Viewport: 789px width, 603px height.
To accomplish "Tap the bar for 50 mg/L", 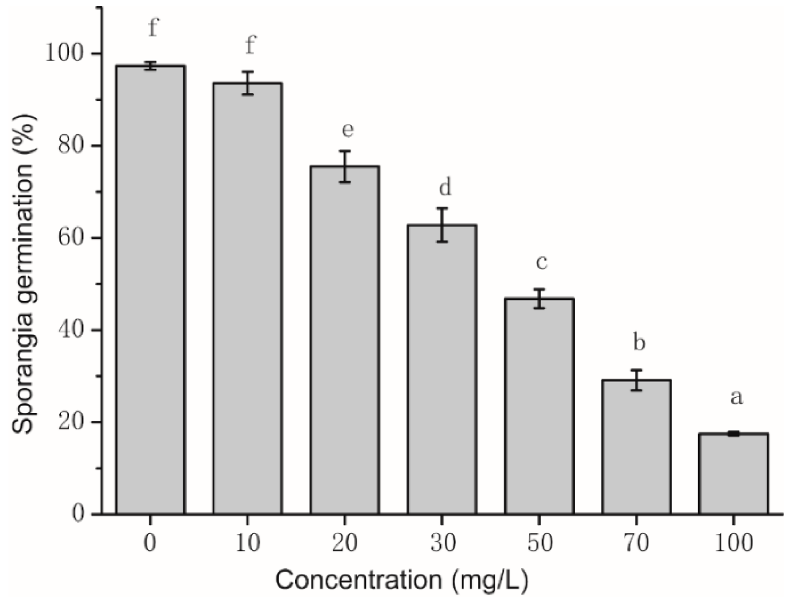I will point(539,406).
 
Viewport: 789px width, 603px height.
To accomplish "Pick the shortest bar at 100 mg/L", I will point(733,473).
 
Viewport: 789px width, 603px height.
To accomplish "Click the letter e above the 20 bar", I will point(347,130).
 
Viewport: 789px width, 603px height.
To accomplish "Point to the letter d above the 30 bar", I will point(445,187).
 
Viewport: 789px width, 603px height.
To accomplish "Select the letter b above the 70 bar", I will point(639,342).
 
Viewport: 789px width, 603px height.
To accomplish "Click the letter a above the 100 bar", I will point(736,397).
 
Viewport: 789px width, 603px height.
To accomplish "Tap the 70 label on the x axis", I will point(636,543).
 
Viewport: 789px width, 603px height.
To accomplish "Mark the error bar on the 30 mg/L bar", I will point(442,225).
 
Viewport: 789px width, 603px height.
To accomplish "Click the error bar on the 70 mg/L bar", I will point(636,380).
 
